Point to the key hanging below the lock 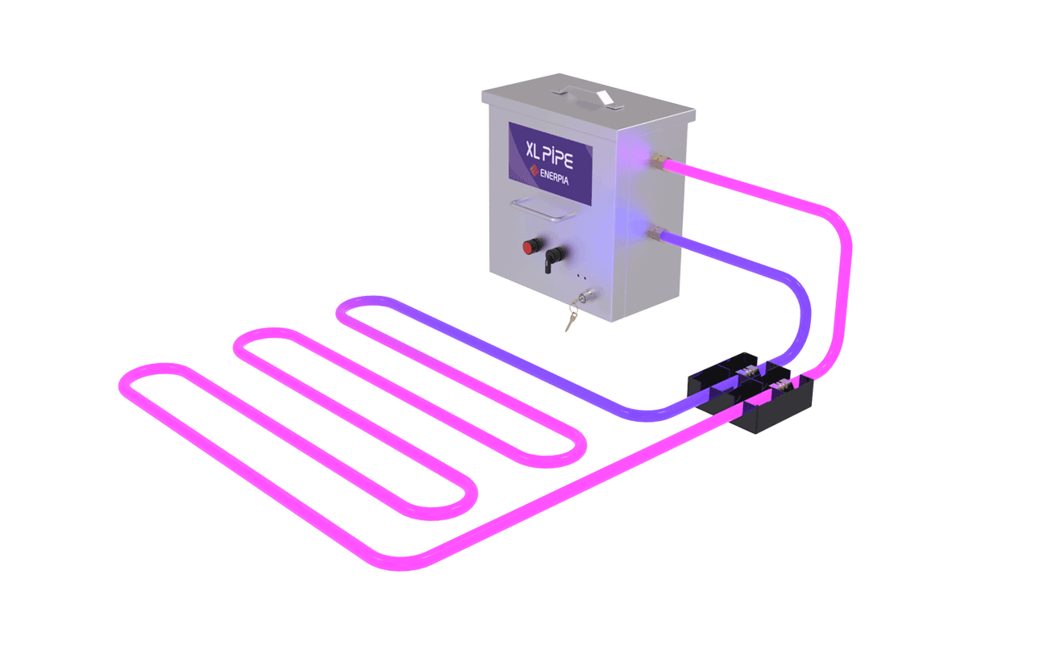pyautogui.click(x=572, y=319)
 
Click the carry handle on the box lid pyautogui.click(x=588, y=97)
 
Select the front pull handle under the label pyautogui.click(x=544, y=209)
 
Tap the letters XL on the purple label pyautogui.click(x=532, y=150)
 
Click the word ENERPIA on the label pyautogui.click(x=555, y=177)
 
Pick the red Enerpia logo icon pyautogui.click(x=534, y=170)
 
